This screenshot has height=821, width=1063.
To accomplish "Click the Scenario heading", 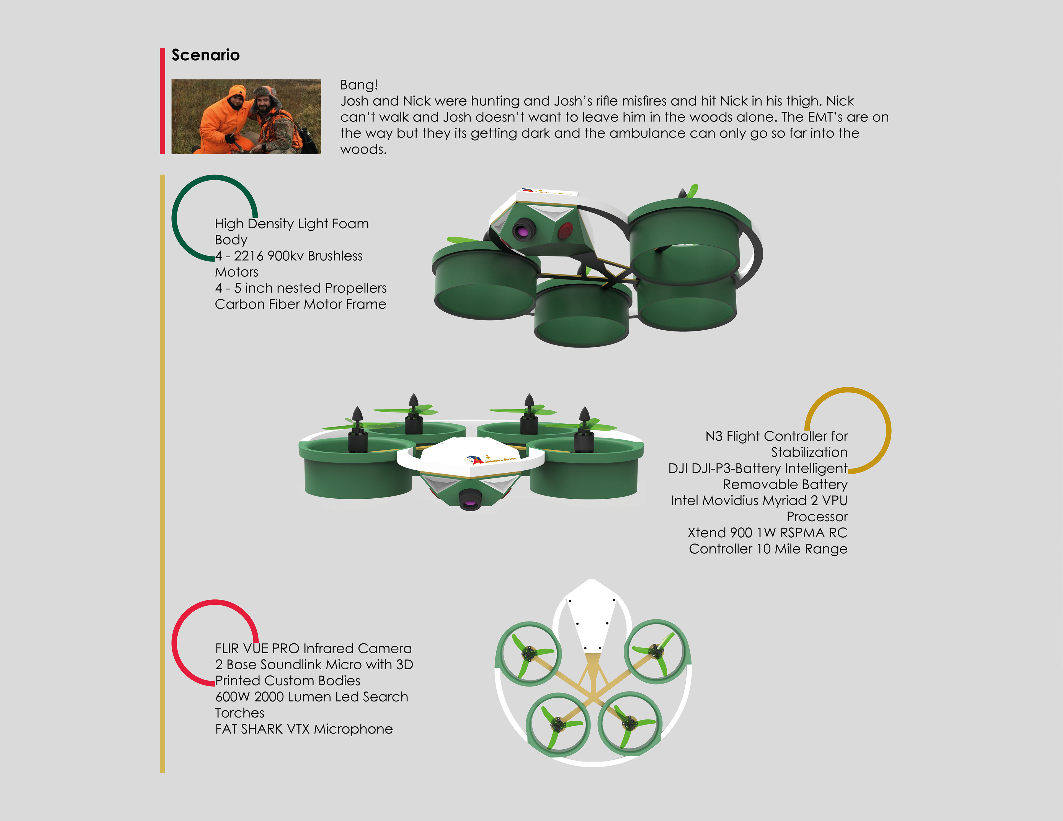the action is click(205, 55).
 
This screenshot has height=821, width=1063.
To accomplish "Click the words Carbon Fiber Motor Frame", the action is click(300, 304).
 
